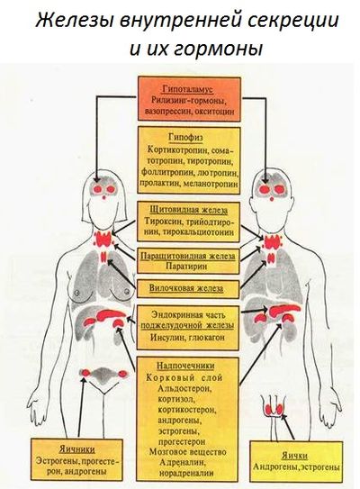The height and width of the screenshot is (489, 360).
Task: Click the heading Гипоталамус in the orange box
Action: point(187,89)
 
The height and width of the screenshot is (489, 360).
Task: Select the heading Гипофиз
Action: point(185,137)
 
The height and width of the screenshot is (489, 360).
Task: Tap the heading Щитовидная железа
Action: point(188,210)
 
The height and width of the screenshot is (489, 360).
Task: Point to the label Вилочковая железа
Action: point(186,288)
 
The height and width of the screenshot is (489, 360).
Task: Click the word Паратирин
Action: point(186,267)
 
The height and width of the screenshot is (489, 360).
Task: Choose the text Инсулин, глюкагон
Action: point(187,338)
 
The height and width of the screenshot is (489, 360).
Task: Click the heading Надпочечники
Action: point(185,366)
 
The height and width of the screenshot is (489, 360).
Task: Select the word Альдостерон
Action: point(184,389)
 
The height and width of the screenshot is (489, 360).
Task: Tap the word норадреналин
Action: point(186,473)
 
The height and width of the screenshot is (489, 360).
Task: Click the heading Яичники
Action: point(77,449)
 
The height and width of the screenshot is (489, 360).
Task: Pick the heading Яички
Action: point(294,456)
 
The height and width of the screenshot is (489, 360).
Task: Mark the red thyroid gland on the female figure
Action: point(104,240)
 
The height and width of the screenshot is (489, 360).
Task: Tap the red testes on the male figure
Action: point(274,409)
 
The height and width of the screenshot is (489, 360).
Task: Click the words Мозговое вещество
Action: point(187,451)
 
